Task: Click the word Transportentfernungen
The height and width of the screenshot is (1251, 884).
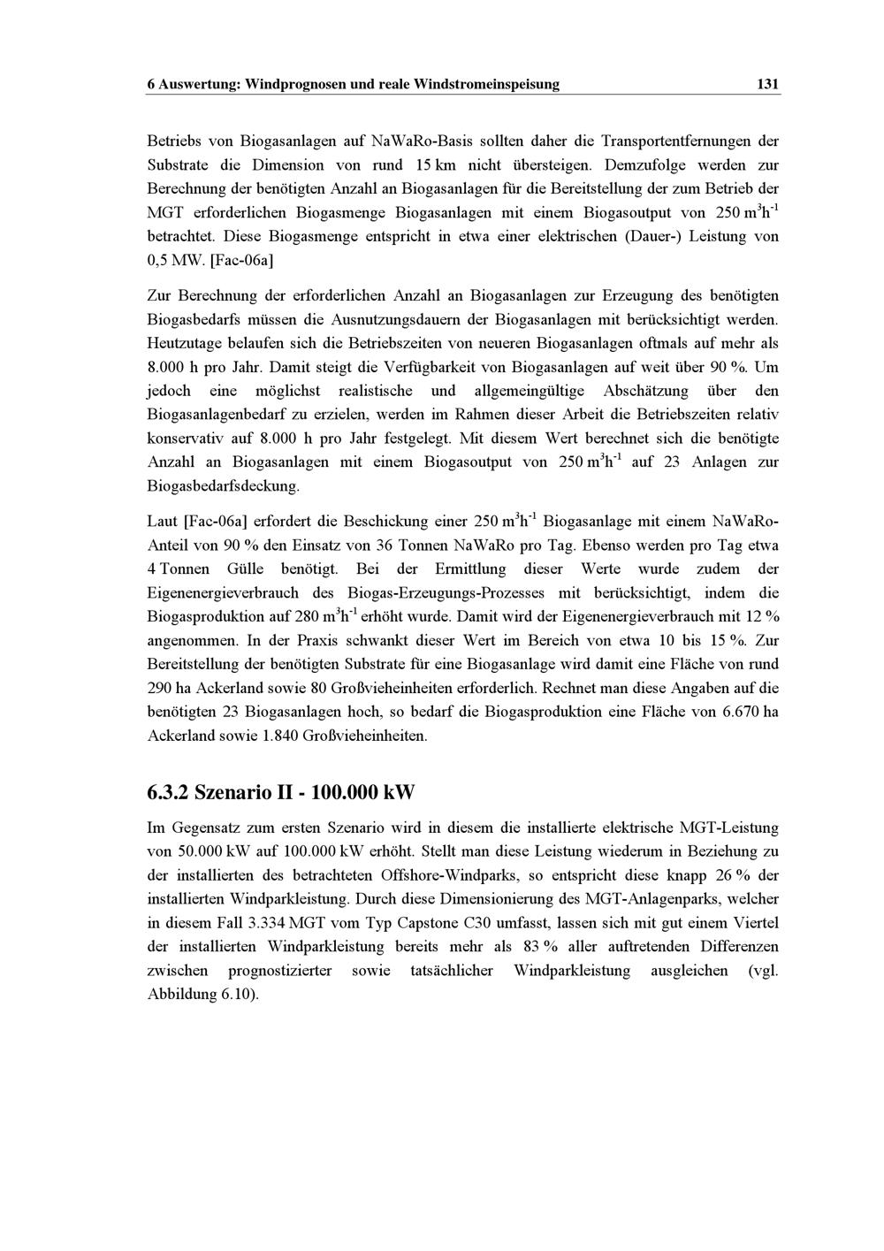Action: (x=671, y=141)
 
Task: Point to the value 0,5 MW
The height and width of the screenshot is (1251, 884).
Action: (x=176, y=261)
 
